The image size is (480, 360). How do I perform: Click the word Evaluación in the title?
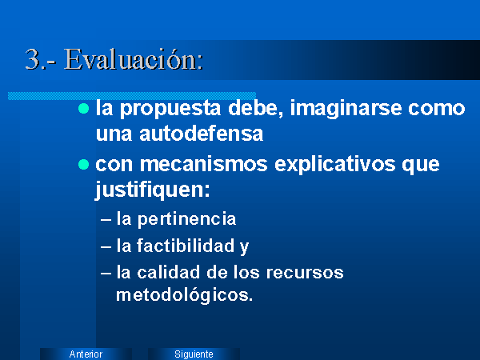(x=134, y=59)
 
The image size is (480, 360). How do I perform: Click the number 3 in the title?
(x=32, y=59)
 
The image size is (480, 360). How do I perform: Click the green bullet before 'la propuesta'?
(x=83, y=108)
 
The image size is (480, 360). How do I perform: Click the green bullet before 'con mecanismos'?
(x=83, y=164)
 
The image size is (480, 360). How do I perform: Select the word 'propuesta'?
(x=170, y=110)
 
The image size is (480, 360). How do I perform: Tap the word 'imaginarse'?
(x=346, y=110)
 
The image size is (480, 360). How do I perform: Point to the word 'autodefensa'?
(x=201, y=134)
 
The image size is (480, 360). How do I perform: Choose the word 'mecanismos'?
(x=203, y=165)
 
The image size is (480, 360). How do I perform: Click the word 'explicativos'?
(x=335, y=166)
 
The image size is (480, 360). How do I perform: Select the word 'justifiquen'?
(x=152, y=190)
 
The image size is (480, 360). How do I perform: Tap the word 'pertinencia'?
(x=186, y=219)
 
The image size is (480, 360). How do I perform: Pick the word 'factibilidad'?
(x=186, y=246)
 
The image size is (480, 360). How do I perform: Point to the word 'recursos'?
(x=305, y=273)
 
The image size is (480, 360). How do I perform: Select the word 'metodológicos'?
(x=184, y=295)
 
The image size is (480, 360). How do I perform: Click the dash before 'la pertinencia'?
(x=106, y=220)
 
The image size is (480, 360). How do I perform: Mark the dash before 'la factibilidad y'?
(x=106, y=246)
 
